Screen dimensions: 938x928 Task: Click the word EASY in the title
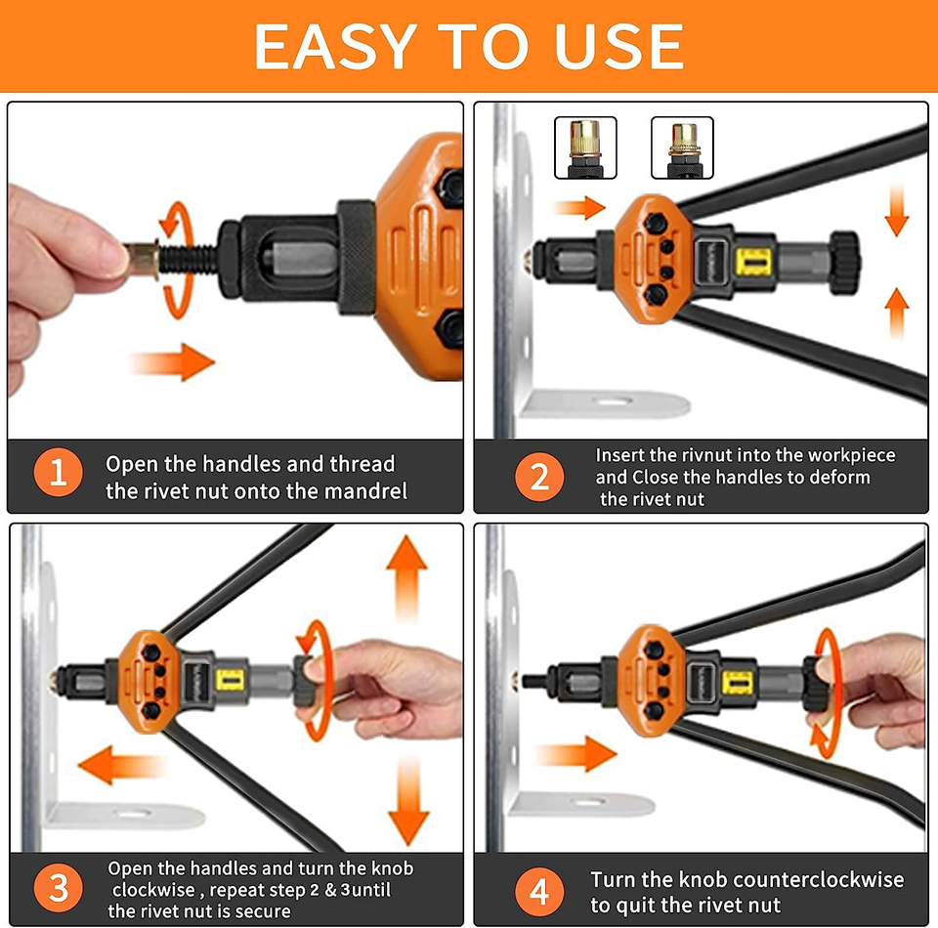(335, 46)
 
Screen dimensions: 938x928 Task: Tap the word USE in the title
(618, 46)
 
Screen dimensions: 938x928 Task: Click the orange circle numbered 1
(58, 472)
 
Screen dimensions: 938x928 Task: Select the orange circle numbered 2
(539, 477)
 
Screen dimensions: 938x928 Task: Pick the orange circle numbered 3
(58, 888)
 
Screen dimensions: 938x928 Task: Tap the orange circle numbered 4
(539, 892)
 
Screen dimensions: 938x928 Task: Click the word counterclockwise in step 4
(819, 879)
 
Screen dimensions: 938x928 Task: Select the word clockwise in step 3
(153, 890)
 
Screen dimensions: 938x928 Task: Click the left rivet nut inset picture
(585, 148)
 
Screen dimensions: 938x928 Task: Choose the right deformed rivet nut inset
(682, 148)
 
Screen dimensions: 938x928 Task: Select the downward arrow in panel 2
(896, 210)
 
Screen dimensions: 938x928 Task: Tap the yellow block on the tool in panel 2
(753, 262)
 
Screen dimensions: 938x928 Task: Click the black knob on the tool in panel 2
(844, 263)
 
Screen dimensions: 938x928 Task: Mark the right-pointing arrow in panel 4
(576, 753)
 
